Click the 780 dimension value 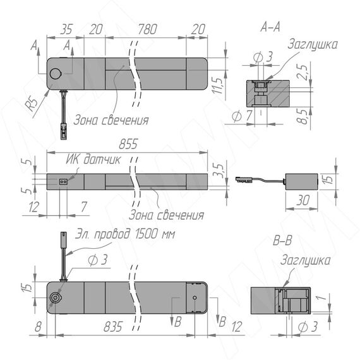[147, 29]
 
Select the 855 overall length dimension [128, 144]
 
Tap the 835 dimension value [113, 327]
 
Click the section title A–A [270, 27]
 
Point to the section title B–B [282, 241]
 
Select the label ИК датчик [93, 159]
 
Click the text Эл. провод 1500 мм [125, 234]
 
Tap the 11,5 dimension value [217, 86]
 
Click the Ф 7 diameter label [242, 116]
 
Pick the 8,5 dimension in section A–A [304, 116]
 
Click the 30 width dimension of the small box [303, 200]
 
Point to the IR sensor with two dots [63, 182]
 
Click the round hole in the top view [56, 74]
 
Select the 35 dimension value [66, 29]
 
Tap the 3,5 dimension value [218, 171]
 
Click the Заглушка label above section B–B [305, 261]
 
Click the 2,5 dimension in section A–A [303, 73]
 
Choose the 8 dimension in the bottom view [39, 327]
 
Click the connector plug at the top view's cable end [64, 131]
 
